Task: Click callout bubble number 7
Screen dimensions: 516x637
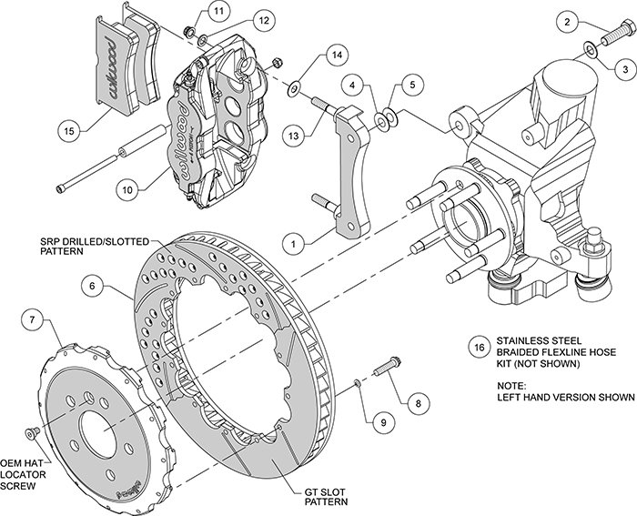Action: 33,319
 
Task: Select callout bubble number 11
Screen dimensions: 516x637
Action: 217,11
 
